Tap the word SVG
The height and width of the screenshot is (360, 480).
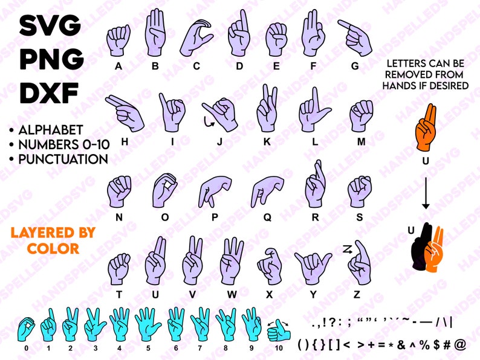click(x=50, y=25)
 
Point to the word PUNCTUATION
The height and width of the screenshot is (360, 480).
click(x=63, y=159)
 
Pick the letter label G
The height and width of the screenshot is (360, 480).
click(x=355, y=65)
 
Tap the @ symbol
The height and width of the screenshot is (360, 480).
click(x=460, y=344)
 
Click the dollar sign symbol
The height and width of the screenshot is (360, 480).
click(x=433, y=344)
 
